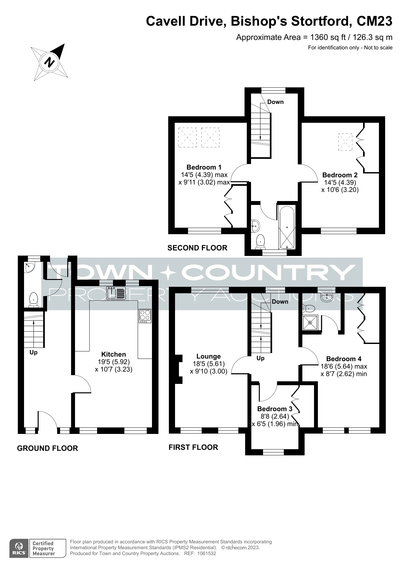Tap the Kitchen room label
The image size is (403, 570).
pyautogui.click(x=113, y=354)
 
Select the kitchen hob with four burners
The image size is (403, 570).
pyautogui.click(x=145, y=316)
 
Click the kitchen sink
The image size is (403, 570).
pyautogui.click(x=116, y=293)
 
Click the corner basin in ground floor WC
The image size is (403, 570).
pyautogui.click(x=31, y=267)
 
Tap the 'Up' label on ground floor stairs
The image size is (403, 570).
pyautogui.click(x=33, y=352)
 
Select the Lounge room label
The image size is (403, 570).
pyautogui.click(x=208, y=356)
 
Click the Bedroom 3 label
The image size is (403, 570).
pyautogui.click(x=275, y=409)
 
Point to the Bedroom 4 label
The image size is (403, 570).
pyautogui.click(x=344, y=359)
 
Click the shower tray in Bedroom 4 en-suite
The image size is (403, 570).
pyautogui.click(x=310, y=323)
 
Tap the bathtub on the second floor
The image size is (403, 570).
pyautogui.click(x=287, y=227)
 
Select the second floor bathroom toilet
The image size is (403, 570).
pyautogui.click(x=260, y=242)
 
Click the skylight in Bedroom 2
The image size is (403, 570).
pyautogui.click(x=345, y=142)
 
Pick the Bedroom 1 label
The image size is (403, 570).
pyautogui.click(x=204, y=167)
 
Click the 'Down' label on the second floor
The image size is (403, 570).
pyautogui.click(x=275, y=102)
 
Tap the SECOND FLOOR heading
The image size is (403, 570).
pyautogui.click(x=197, y=248)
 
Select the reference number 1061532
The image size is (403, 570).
pyautogui.click(x=207, y=553)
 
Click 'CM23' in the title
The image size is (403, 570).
pyautogui.click(x=374, y=21)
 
